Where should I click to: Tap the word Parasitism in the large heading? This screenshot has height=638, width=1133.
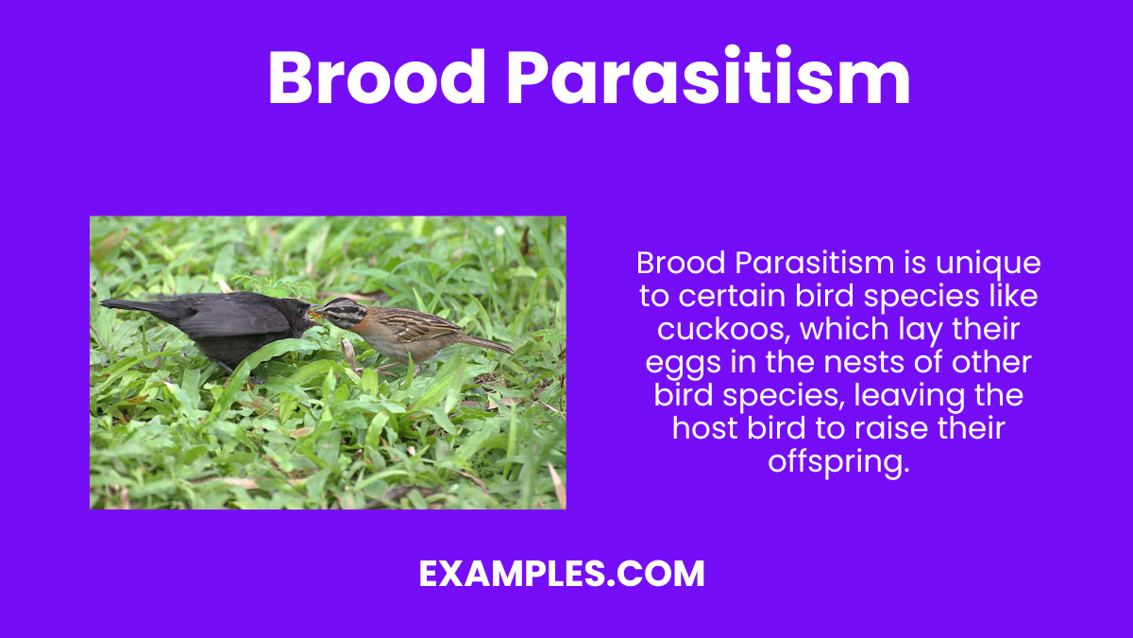708,78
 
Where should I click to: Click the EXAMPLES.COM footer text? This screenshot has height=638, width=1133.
562,574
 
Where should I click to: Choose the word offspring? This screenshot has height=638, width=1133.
838,461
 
